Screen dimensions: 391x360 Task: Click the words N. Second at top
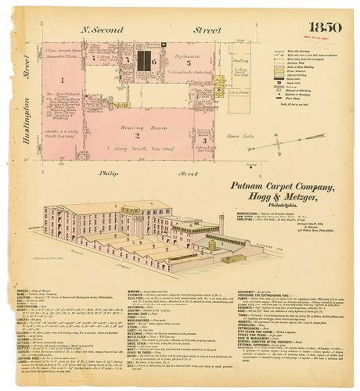[106, 30]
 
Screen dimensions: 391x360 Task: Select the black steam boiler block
[142, 60]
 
